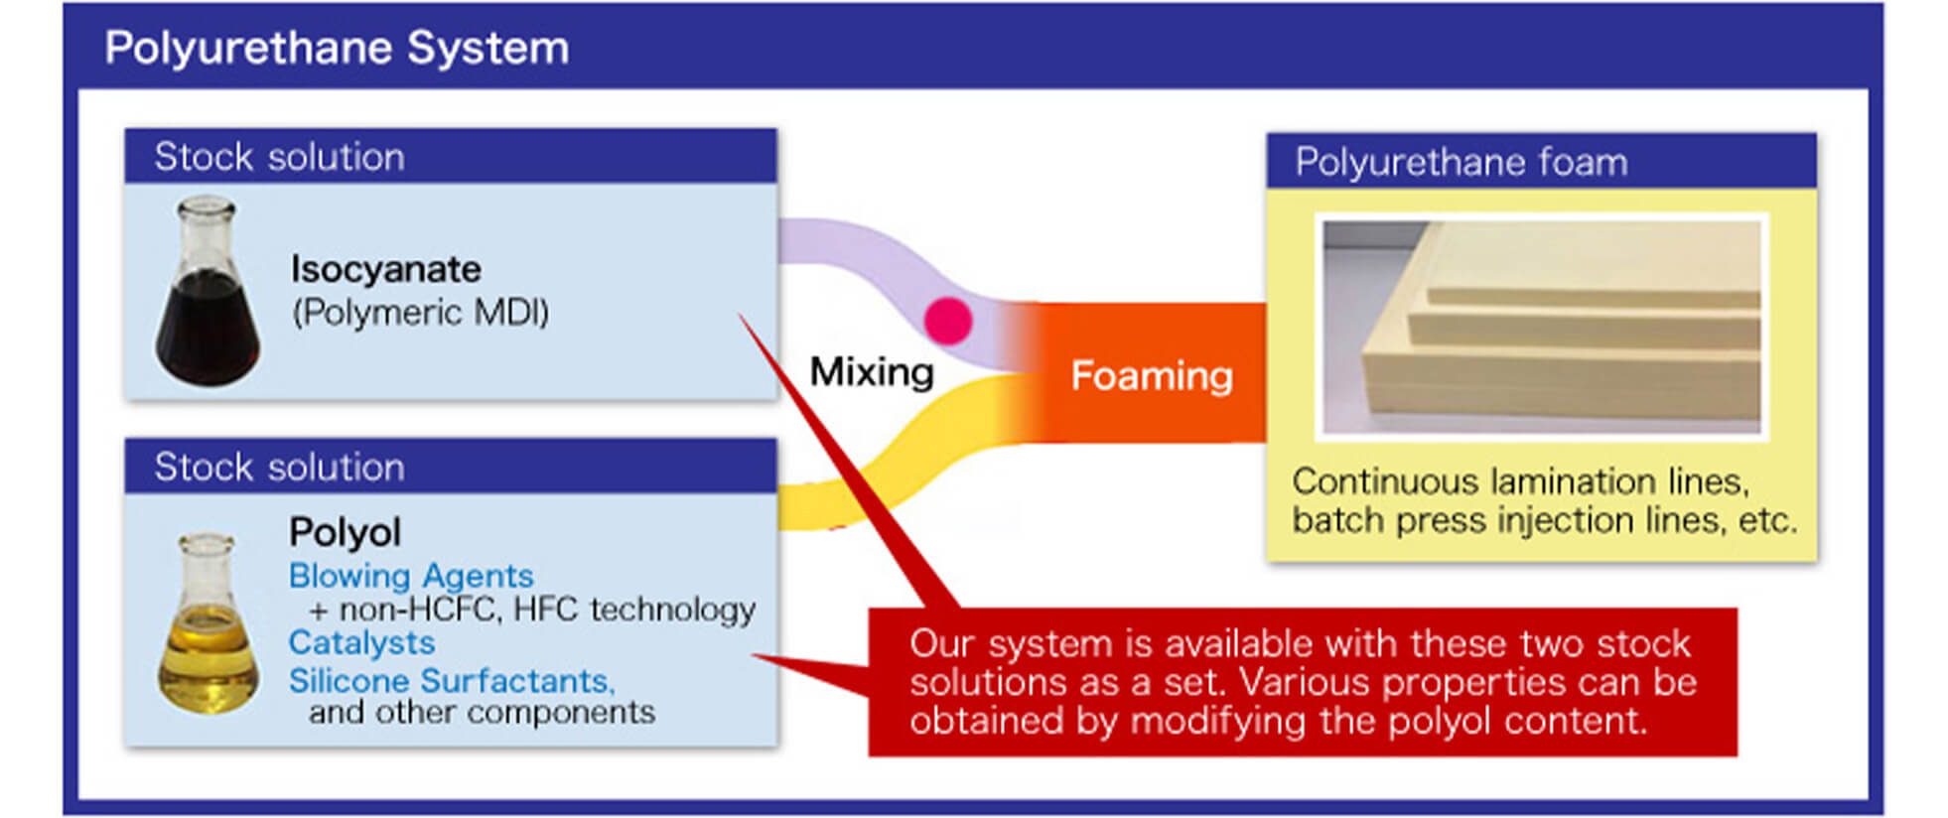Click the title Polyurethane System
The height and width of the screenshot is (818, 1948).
pos(337,49)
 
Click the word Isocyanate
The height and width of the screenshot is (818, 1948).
pos(385,269)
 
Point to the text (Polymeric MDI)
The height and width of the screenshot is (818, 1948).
pos(420,313)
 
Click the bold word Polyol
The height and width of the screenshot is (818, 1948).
pos(345,533)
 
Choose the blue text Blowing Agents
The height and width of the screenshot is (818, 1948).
pos(411,576)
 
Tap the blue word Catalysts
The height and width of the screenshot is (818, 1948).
pos(361,643)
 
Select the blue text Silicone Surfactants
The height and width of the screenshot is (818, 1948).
pos(452,681)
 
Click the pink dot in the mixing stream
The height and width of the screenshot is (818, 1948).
pos(948,321)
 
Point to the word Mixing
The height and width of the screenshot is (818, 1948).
pos(872,372)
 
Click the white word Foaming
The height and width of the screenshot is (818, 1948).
pos(1152,376)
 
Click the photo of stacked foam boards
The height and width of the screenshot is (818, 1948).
pos(1542,327)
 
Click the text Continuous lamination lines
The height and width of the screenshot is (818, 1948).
pos(1520,481)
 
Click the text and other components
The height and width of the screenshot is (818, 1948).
pos(482,712)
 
